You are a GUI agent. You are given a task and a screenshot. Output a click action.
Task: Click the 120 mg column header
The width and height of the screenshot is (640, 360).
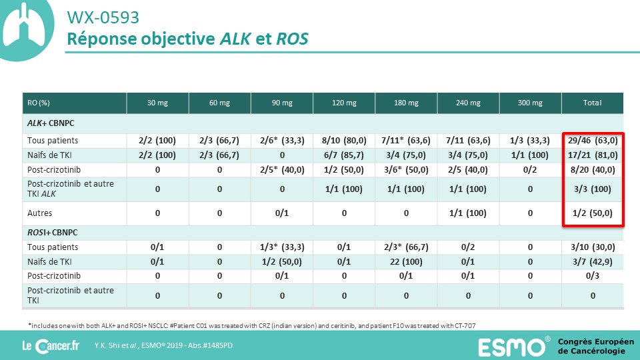pyautogui.click(x=344, y=103)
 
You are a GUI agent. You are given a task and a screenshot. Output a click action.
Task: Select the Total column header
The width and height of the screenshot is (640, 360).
pyautogui.click(x=592, y=103)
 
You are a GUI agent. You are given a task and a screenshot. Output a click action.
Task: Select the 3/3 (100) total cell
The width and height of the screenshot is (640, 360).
pyautogui.click(x=592, y=189)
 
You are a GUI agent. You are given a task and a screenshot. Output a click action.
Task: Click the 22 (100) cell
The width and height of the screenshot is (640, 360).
pyautogui.click(x=406, y=261)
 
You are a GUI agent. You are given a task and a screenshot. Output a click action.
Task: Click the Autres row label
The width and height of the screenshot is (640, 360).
pyautogui.click(x=39, y=213)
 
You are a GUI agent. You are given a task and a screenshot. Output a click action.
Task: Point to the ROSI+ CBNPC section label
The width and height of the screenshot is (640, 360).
pyautogui.click(x=52, y=233)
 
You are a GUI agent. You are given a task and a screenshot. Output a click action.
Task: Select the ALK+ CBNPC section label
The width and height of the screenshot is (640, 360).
pyautogui.click(x=51, y=123)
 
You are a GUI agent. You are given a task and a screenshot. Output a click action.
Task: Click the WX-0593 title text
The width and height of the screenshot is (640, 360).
pyautogui.click(x=103, y=17)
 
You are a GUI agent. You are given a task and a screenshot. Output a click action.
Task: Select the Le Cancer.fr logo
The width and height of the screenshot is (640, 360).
pyautogui.click(x=51, y=346)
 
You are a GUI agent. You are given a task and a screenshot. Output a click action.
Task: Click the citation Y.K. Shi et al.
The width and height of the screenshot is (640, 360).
pyautogui.click(x=163, y=345)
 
